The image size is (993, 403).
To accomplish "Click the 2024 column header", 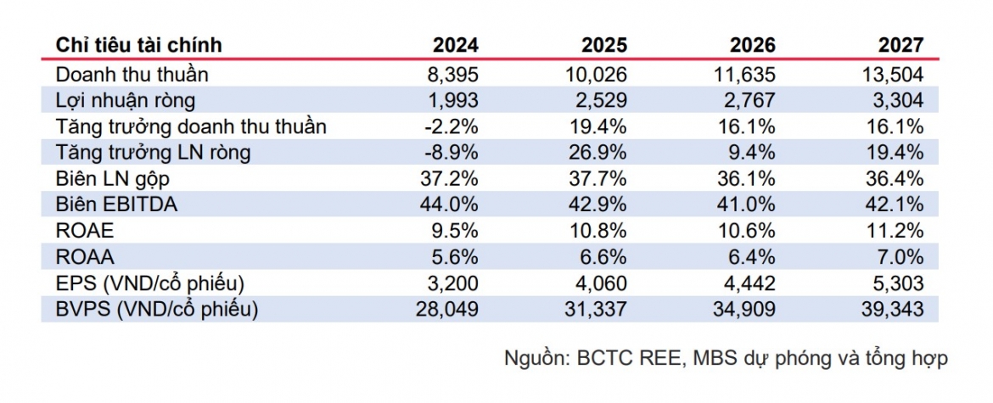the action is pyautogui.click(x=456, y=45).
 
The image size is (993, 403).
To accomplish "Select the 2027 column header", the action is pyautogui.click(x=900, y=45).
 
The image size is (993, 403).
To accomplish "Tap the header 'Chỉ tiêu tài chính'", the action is pyautogui.click(x=138, y=45).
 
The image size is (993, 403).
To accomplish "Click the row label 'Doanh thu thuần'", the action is pyautogui.click(x=132, y=75).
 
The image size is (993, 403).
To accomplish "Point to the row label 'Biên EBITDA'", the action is pyautogui.click(x=116, y=205).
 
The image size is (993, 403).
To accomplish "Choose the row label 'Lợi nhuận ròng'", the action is pyautogui.click(x=126, y=101).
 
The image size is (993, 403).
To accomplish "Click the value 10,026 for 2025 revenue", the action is pyautogui.click(x=595, y=75).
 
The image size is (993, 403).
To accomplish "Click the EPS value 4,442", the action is pyautogui.click(x=749, y=283).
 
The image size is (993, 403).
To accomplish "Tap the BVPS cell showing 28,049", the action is pyautogui.click(x=448, y=310).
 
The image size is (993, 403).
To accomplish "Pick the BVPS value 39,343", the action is pyautogui.click(x=892, y=310).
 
